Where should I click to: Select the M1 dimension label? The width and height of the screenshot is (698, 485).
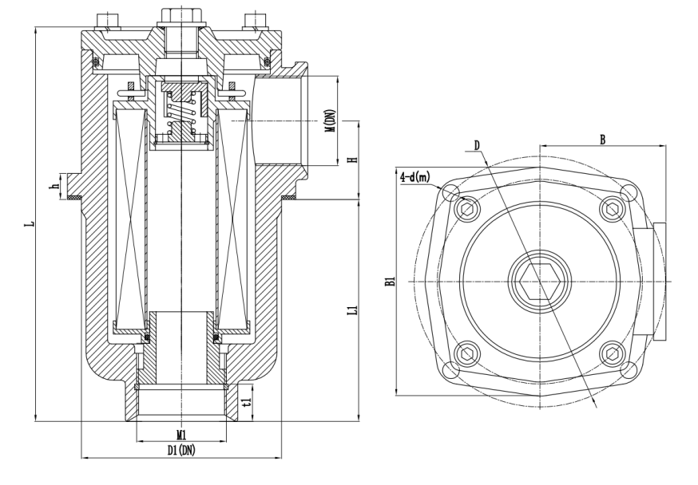[x=181, y=435]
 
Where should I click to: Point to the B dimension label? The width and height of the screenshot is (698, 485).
[x=603, y=139]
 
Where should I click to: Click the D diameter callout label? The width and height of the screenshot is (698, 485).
[x=477, y=145]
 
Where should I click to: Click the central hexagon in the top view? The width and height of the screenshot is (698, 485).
[x=539, y=282]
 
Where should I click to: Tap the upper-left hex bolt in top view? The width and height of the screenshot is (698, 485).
[x=466, y=210]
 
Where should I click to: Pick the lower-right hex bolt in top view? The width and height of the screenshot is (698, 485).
[x=612, y=353]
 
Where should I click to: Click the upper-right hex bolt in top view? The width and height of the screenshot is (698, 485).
[x=612, y=209]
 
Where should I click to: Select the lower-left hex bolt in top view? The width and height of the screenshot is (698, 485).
[x=466, y=353]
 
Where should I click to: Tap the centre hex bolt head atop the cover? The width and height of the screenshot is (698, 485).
[x=181, y=15]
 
